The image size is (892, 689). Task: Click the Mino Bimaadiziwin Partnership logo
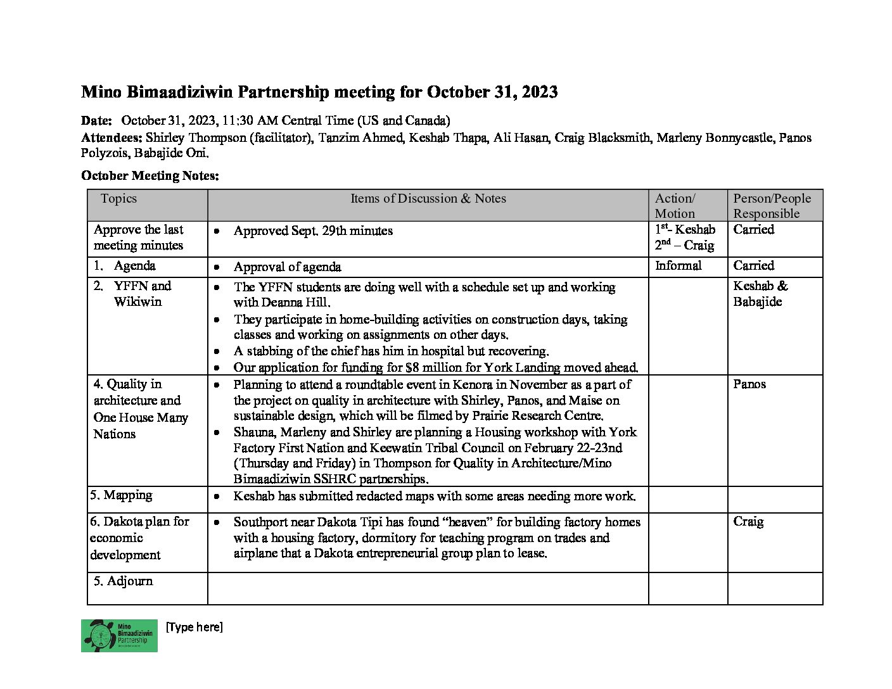119,635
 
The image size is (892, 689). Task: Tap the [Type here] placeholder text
194,627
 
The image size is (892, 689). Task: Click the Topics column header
118,198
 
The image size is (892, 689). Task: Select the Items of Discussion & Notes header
428,198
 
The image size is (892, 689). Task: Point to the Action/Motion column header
675,206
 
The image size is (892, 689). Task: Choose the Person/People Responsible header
772,206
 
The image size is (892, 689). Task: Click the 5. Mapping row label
121,495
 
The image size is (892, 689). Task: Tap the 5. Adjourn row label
123,581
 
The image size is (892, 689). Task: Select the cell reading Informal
678,265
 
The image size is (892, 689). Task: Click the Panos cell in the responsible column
749,384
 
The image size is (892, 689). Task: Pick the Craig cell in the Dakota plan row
748,521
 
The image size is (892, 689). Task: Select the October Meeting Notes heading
150,175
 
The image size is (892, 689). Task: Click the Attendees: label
111,137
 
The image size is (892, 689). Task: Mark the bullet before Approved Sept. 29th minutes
217,231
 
